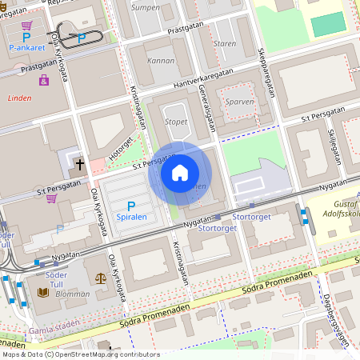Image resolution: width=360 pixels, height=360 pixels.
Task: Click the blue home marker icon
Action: coord(180,172)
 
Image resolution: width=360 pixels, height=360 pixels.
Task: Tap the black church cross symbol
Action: coord(79,165)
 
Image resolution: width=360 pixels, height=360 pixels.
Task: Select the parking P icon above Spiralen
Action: coord(131,206)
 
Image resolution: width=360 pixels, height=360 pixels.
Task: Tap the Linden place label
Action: coord(19,98)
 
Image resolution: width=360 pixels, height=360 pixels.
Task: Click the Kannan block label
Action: coord(162,60)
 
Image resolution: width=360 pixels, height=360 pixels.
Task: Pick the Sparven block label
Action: coord(240,102)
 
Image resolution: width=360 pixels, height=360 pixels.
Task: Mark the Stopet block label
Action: coord(175,122)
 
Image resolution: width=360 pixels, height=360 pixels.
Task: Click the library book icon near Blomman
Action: coord(43,293)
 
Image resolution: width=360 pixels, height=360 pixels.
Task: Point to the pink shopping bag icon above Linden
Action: coord(44,79)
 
